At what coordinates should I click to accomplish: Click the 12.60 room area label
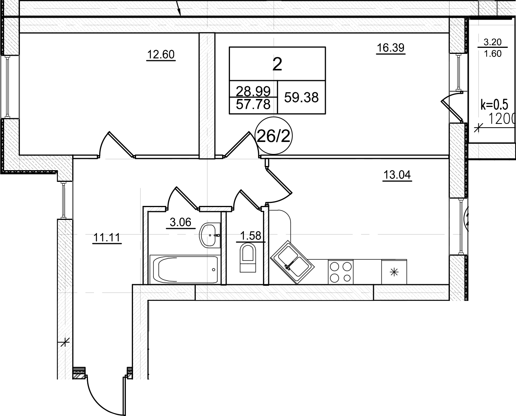161,55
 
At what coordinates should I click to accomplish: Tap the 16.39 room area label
390,48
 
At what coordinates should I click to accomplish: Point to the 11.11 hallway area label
107,238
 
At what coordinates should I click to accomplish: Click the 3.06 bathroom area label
180,222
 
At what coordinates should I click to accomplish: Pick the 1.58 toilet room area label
250,236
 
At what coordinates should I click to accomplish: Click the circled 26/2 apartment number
273,137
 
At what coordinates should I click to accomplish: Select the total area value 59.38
301,98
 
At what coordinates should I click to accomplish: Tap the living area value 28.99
253,90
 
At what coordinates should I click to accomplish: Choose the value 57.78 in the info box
253,104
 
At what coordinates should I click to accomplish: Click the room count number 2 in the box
277,65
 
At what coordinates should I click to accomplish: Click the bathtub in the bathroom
184,270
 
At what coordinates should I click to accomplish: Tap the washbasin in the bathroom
210,235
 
